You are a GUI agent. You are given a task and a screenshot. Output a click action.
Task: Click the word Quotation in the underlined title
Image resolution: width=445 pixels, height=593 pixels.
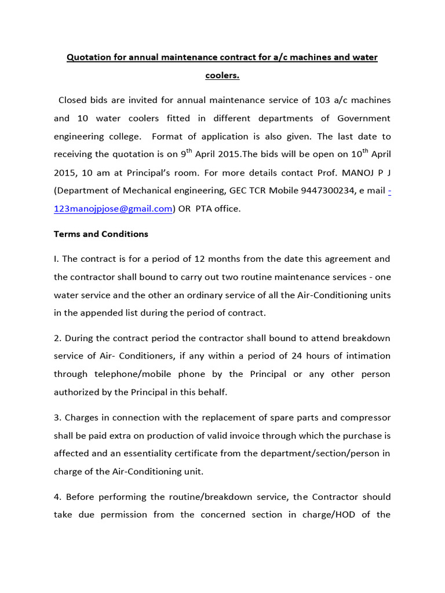click(x=88, y=57)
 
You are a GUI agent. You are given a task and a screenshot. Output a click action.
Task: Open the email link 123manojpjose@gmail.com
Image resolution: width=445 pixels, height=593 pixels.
click(x=113, y=208)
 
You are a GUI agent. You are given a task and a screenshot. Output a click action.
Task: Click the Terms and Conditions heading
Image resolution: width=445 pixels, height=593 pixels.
click(x=101, y=234)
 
